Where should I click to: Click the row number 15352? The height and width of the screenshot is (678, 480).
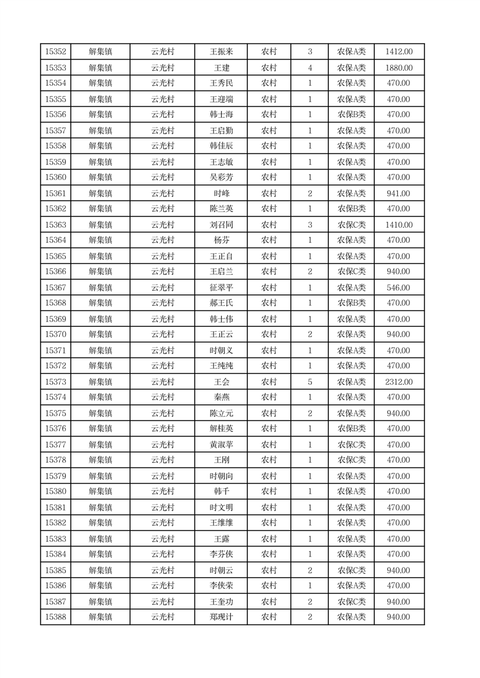(56, 52)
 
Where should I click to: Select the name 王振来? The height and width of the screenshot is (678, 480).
(221, 52)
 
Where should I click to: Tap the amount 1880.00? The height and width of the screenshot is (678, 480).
(399, 68)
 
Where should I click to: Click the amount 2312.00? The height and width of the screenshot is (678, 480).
(399, 382)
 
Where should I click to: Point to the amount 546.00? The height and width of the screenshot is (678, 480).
(399, 288)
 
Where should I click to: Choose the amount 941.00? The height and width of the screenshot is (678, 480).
(399, 193)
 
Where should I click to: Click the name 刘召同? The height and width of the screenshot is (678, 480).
(221, 225)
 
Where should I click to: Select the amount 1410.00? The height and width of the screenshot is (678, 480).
(399, 225)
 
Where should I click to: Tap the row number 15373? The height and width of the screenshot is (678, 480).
(56, 382)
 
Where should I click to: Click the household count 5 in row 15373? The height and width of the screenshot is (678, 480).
(310, 382)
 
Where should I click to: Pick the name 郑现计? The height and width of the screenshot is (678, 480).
(221, 617)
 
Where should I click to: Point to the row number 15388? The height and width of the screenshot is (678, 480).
(56, 617)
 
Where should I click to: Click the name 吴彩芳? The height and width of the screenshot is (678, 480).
(221, 178)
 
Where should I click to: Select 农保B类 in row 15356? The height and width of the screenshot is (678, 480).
(351, 115)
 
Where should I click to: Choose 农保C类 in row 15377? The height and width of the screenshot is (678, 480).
(351, 445)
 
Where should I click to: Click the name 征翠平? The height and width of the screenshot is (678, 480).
(221, 288)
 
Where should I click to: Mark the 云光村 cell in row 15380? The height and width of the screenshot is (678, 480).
(163, 491)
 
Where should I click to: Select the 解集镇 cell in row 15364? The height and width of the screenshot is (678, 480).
(100, 241)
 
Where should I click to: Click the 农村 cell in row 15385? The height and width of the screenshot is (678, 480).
(269, 570)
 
